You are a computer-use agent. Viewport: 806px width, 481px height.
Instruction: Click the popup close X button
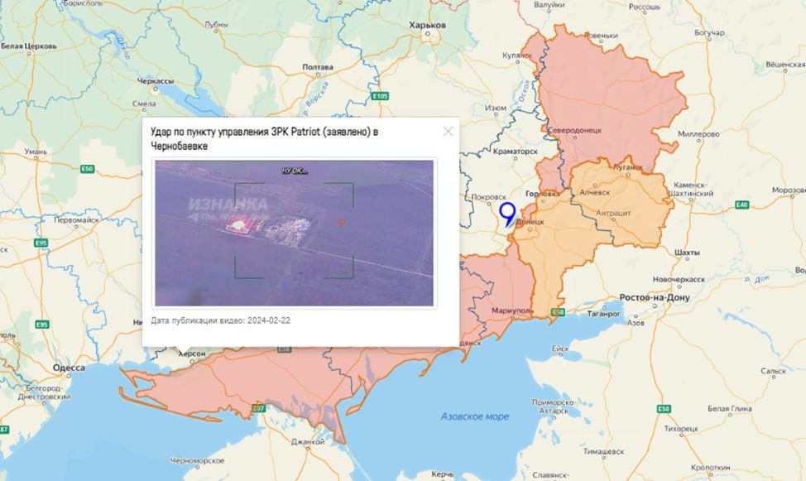click(x=448, y=131)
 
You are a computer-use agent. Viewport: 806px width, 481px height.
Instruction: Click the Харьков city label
click(x=428, y=26)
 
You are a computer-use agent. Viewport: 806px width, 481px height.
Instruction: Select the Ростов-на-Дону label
click(x=655, y=296)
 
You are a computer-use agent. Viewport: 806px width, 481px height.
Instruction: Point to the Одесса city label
click(x=68, y=368)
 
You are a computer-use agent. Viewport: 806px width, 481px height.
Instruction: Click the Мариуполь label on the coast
click(x=513, y=310)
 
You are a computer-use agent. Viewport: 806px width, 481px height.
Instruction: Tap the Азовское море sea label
click(x=475, y=416)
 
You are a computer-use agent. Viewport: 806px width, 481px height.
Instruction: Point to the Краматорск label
click(x=516, y=152)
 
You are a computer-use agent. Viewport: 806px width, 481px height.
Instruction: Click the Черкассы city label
click(x=156, y=81)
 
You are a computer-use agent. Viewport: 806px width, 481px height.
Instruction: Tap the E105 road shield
click(x=380, y=97)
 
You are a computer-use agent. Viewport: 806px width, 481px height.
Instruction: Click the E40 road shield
click(x=741, y=204)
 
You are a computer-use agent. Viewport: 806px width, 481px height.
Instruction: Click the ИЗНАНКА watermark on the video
click(x=228, y=204)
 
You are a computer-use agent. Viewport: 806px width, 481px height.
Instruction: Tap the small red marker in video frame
click(x=340, y=222)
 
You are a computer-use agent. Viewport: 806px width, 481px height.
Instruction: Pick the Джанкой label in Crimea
click(x=307, y=441)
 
